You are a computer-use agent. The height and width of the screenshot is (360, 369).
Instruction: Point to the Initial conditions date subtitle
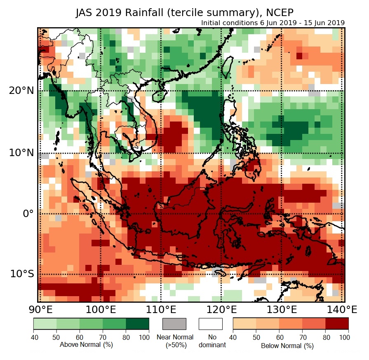[x=273, y=23]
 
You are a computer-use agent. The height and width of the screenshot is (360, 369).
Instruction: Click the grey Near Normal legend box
[x=174, y=324]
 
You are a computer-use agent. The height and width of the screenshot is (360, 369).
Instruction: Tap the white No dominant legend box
[x=210, y=324]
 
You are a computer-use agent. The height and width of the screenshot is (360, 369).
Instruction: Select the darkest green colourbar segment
[x=137, y=324]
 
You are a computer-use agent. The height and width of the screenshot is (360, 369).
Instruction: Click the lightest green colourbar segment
[x=45, y=324]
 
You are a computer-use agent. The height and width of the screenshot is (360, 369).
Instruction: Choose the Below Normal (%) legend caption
[x=287, y=346]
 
